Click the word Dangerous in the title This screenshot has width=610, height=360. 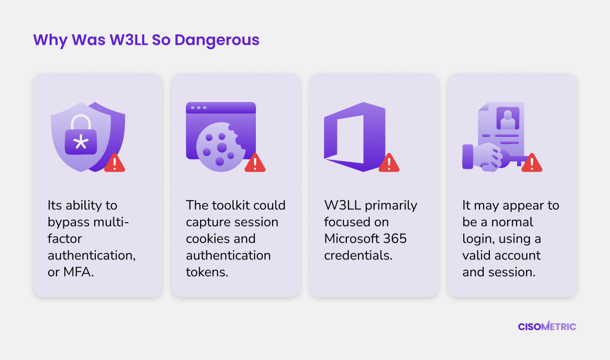coord(217,41)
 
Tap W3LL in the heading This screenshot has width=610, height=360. coord(129,40)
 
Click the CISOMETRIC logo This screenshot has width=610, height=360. coord(547,326)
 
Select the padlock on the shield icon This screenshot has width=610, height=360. coord(81,135)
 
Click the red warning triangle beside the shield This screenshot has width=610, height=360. coord(115,163)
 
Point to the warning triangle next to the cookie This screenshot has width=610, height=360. coord(255,163)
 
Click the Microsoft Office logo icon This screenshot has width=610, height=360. coord(355,137)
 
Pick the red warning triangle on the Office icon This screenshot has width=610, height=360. coord(389,163)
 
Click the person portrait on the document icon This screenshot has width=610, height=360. coord(508,118)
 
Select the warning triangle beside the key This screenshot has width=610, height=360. coord(531,163)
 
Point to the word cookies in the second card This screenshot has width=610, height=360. coord(207,239)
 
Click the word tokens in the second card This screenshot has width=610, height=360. coord(207,272)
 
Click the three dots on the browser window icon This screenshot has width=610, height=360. coord(199,108)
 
